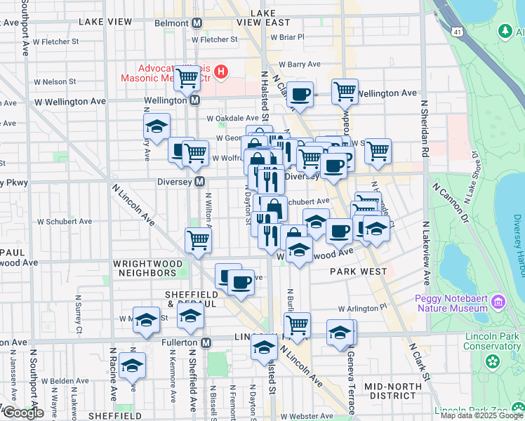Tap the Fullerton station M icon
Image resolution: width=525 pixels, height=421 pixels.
[x=206, y=342]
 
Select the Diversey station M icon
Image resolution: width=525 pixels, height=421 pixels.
[x=200, y=182]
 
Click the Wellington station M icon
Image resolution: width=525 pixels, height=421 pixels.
[x=194, y=100]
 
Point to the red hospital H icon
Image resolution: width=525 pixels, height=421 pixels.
[x=222, y=71]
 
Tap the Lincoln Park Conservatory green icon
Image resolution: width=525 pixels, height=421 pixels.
[x=493, y=361]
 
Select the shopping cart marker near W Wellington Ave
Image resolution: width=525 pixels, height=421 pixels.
[x=345, y=91]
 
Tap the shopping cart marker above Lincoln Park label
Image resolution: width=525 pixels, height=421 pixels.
[x=297, y=324]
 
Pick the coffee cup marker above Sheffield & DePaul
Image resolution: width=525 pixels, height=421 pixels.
[x=241, y=282]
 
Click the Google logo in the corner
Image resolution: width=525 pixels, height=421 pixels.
[x=22, y=413]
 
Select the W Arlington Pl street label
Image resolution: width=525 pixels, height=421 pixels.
[x=362, y=308]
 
